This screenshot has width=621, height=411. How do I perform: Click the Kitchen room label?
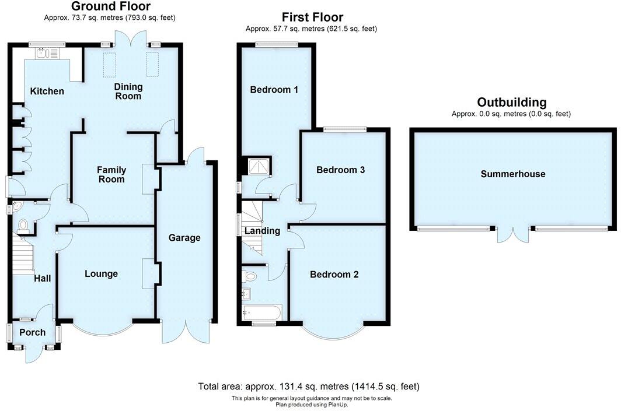coord(47,92)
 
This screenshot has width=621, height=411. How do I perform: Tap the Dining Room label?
coord(128,92)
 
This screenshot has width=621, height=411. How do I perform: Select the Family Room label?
coord(111,174)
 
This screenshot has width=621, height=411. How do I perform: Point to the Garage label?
coord(184,238)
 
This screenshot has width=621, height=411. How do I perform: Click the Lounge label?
coord(101,274)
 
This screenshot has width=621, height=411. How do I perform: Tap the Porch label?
coord(33,333)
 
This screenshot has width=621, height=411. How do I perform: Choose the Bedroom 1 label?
coord(274,90)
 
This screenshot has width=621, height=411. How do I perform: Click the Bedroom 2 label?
coord(334,275)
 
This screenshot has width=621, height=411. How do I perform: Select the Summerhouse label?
coord(513,174)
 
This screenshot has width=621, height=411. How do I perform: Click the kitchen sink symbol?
coord(43,55)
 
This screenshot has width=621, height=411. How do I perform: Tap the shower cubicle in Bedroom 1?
coord(258,167)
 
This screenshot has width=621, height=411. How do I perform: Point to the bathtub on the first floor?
coord(261,312)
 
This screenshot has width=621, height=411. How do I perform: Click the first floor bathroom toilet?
coord(251,276)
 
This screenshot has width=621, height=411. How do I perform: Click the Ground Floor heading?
coord(110,7)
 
